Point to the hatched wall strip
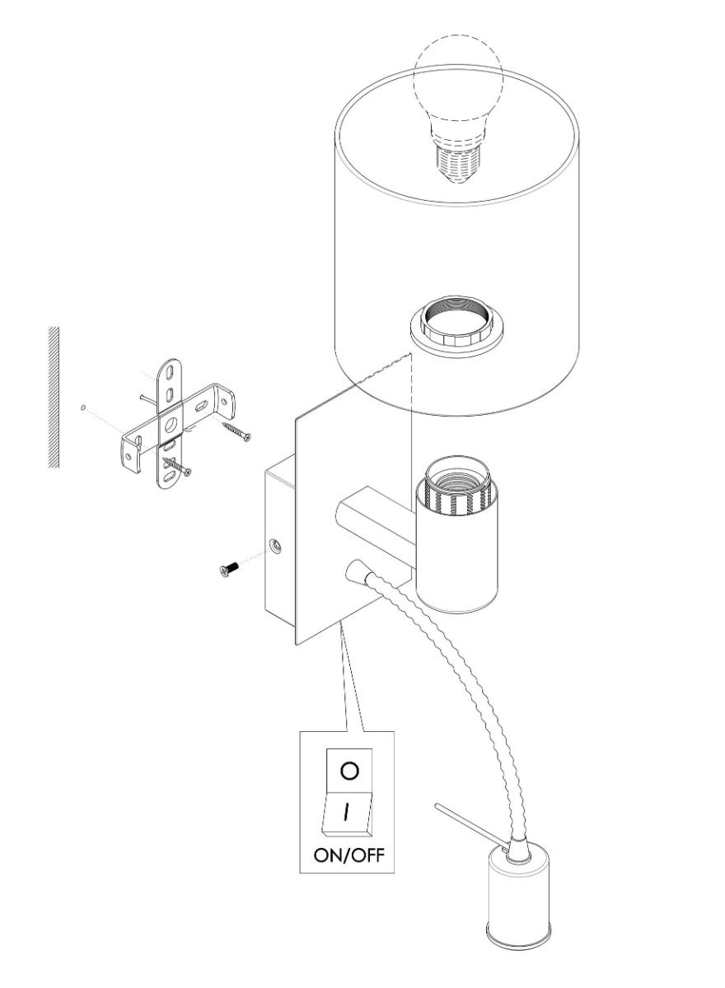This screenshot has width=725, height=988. [x=54, y=397]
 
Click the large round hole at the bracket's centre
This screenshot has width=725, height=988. [x=170, y=425]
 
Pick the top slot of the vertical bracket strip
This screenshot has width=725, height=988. [x=170, y=372]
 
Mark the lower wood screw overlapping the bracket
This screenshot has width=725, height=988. [x=177, y=466]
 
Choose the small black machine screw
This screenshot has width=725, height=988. [x=228, y=569]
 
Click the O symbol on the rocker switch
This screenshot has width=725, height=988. [x=349, y=771]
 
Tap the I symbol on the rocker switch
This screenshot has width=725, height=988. [x=348, y=812]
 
